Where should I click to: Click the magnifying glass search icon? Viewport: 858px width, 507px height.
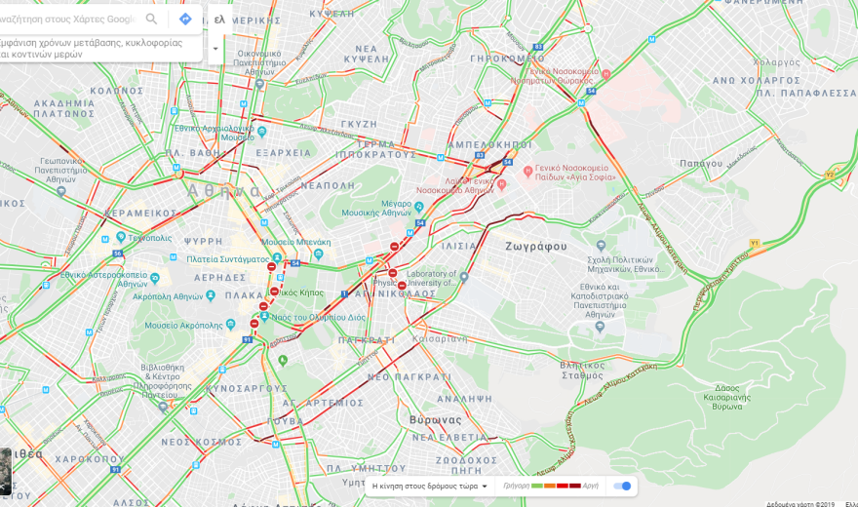click(x=151, y=19)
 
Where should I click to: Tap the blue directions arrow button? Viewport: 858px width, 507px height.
click(x=185, y=19)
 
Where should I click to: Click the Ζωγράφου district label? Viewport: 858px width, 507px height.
click(x=535, y=246)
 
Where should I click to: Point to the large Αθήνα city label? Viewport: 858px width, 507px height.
click(x=224, y=190)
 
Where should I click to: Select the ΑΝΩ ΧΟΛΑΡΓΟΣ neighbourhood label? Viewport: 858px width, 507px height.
click(x=757, y=80)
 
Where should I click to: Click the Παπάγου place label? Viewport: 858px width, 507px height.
click(x=700, y=163)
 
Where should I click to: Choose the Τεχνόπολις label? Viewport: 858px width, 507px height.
click(x=149, y=237)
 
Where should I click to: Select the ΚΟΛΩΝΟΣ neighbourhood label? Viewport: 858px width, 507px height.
click(x=117, y=91)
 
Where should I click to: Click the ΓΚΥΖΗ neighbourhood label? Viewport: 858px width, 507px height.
click(x=359, y=124)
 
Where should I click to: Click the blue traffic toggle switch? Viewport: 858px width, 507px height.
click(x=623, y=486)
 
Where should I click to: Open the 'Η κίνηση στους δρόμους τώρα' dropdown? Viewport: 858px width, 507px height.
click(x=430, y=486)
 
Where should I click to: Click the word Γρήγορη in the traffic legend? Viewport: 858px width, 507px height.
click(x=517, y=486)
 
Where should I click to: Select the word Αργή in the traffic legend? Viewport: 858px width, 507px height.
click(x=591, y=486)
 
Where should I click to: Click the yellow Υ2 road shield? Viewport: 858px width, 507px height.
click(x=830, y=175)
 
